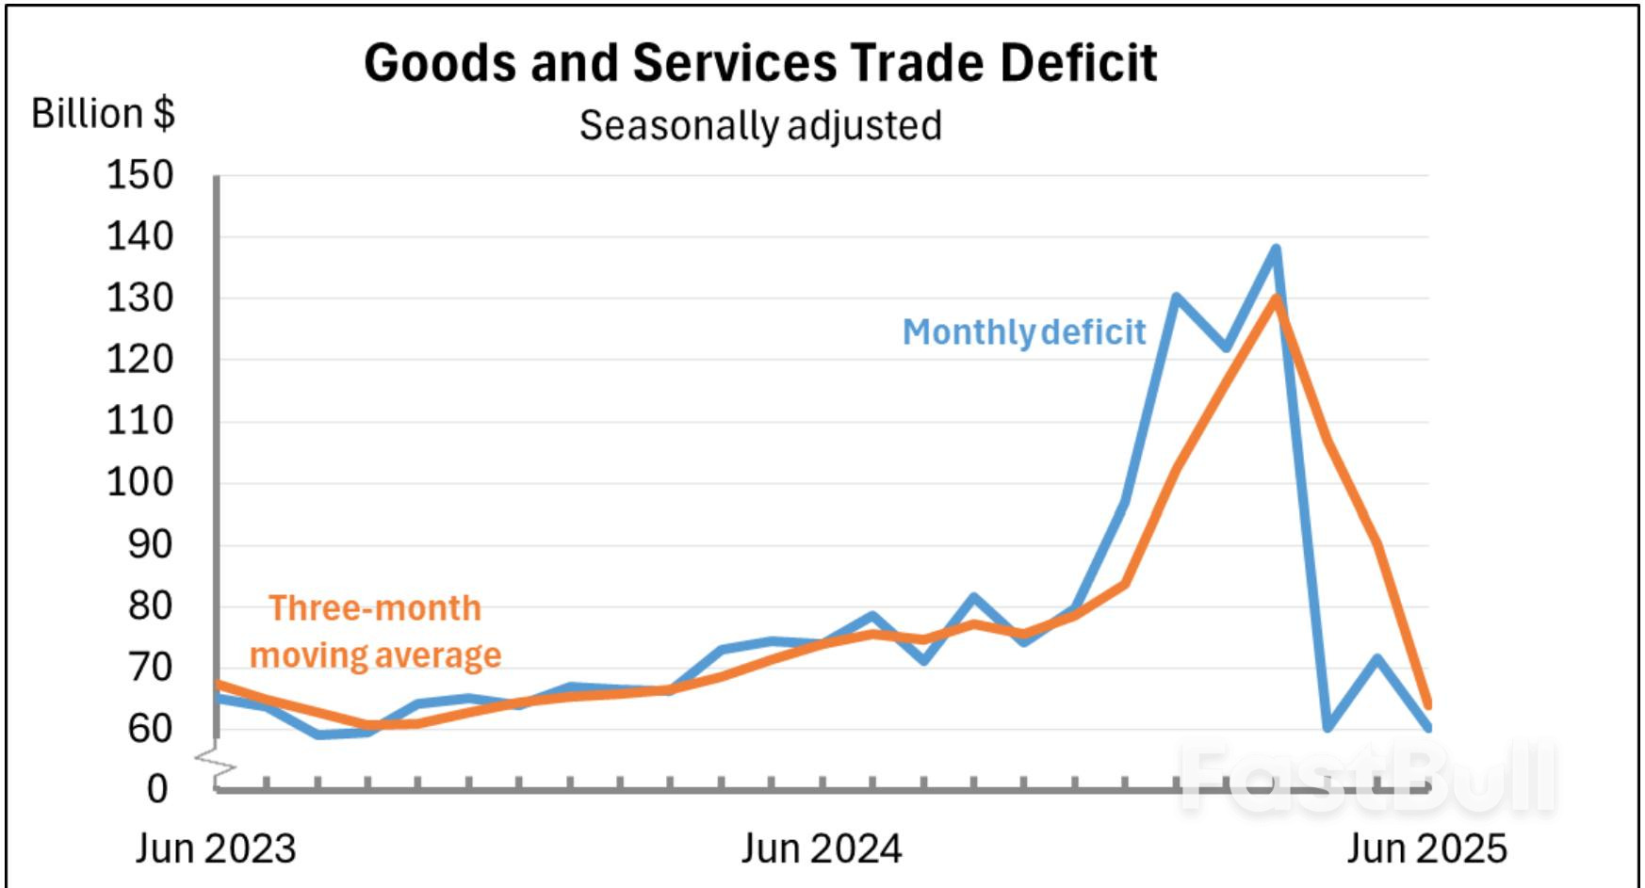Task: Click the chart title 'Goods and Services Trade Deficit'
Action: [759, 64]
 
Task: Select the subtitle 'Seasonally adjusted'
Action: [759, 125]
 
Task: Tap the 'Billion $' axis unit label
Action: [103, 113]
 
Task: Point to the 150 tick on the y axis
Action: [139, 175]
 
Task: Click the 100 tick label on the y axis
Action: [139, 483]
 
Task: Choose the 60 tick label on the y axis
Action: [150, 728]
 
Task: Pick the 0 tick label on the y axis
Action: [157, 789]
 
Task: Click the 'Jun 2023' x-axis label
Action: [216, 848]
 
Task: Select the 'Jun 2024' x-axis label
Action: [821, 848]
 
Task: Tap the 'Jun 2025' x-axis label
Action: [1426, 848]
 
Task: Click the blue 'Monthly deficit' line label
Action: [1024, 331]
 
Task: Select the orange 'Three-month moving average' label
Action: [375, 632]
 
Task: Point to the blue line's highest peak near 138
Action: [1276, 250]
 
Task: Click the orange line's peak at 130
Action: [1276, 299]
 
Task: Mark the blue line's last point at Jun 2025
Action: [1427, 727]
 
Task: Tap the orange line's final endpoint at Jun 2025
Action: [1428, 703]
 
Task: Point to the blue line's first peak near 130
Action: [1176, 298]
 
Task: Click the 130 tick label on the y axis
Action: [139, 299]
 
